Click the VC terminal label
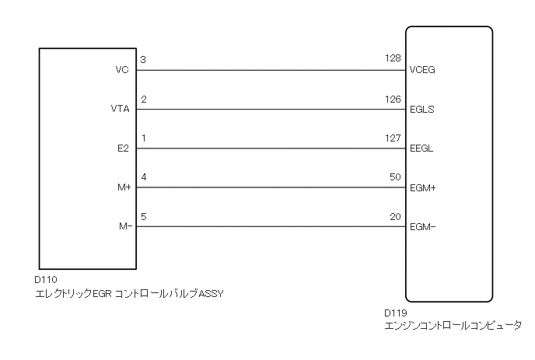tap(121, 70)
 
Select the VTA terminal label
tap(120, 110)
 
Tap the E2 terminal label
tap(122, 149)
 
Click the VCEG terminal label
tap(421, 70)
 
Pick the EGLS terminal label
tap(421, 110)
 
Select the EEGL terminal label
tap(421, 149)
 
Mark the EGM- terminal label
tap(421, 227)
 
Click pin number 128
tap(393, 59)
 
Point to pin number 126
tap(393, 99)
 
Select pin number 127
tap(393, 138)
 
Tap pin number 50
tap(395, 177)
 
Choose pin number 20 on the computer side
tap(395, 216)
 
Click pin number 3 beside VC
tap(144, 59)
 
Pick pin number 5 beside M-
tap(144, 216)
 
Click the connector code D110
tap(46, 279)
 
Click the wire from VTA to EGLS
tap(272, 110)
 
